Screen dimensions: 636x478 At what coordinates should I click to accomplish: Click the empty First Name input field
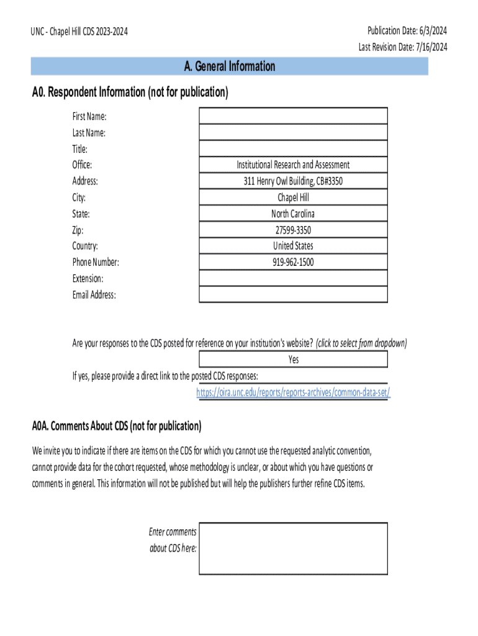pyautogui.click(x=293, y=116)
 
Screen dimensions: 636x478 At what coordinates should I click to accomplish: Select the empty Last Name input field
pyautogui.click(x=293, y=132)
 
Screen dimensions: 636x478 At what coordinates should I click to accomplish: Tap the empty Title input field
pyautogui.click(x=293, y=148)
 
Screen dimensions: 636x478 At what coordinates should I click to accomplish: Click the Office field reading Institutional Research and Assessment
pyautogui.click(x=293, y=165)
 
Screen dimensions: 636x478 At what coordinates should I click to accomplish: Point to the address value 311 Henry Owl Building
pyautogui.click(x=293, y=181)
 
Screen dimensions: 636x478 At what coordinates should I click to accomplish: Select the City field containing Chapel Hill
pyautogui.click(x=293, y=198)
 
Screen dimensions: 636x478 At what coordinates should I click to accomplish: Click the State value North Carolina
pyautogui.click(x=293, y=214)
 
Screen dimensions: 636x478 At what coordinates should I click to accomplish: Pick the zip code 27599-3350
pyautogui.click(x=293, y=230)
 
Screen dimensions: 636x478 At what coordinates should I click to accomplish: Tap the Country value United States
pyautogui.click(x=293, y=246)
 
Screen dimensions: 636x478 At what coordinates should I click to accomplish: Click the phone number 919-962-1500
pyautogui.click(x=293, y=262)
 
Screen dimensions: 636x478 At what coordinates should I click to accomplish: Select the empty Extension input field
pyautogui.click(x=293, y=278)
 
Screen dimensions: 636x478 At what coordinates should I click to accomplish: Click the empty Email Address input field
pyautogui.click(x=293, y=294)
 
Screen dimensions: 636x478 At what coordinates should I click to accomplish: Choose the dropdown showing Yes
pyautogui.click(x=293, y=360)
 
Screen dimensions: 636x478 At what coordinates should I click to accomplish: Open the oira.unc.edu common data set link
pyautogui.click(x=293, y=393)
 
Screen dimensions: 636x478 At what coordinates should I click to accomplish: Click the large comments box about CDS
pyautogui.click(x=293, y=548)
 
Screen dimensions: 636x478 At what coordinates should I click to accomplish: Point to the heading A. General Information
pyautogui.click(x=229, y=66)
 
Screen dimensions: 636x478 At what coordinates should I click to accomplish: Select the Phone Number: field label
pyautogui.click(x=95, y=262)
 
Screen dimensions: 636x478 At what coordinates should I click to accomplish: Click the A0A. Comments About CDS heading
pyautogui.click(x=117, y=426)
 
